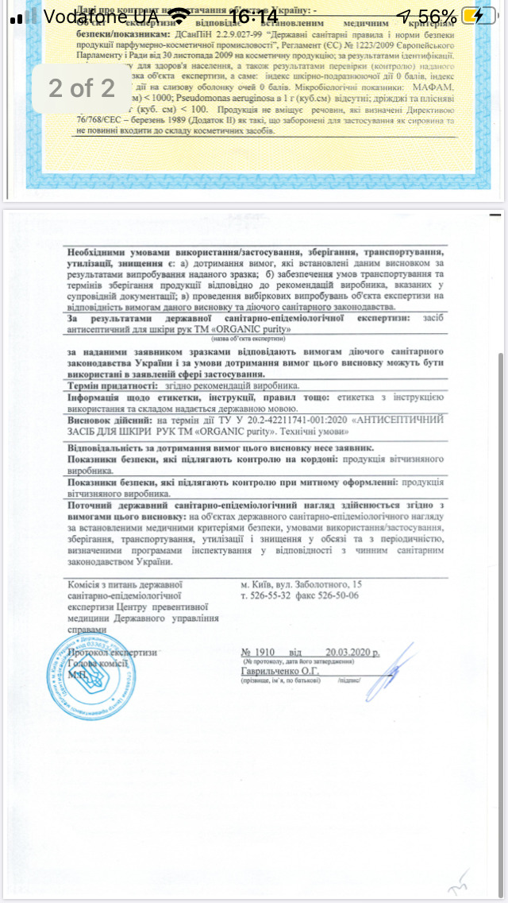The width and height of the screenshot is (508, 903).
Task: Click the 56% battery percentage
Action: (x=437, y=16)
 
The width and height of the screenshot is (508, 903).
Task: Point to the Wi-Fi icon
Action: (x=181, y=16)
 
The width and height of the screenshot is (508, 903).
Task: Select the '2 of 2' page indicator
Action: (x=82, y=87)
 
